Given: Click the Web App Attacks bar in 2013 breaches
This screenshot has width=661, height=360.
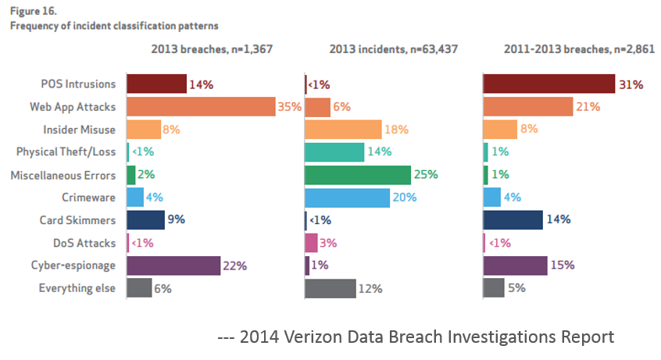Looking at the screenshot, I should tap(201, 107).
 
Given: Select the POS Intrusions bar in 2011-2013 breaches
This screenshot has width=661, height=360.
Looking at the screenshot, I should tap(548, 84).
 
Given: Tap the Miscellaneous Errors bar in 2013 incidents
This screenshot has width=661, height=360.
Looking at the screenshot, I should tap(357, 175).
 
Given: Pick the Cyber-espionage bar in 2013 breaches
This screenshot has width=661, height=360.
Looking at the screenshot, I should tap(173, 266).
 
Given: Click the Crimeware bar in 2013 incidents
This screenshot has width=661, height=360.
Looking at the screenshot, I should tap(346, 198).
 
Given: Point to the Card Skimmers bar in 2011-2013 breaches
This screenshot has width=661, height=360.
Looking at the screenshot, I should tap(513, 220).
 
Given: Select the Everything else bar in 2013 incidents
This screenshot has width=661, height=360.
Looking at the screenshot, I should tap(330, 288).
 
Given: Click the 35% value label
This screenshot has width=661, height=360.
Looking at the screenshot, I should tap(289, 107).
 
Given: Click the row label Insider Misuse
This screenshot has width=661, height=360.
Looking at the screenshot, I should tap(79, 130).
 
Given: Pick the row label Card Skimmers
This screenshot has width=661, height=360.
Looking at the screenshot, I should tap(79, 220).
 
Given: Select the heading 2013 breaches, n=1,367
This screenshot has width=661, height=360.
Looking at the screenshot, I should tap(210, 49).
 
